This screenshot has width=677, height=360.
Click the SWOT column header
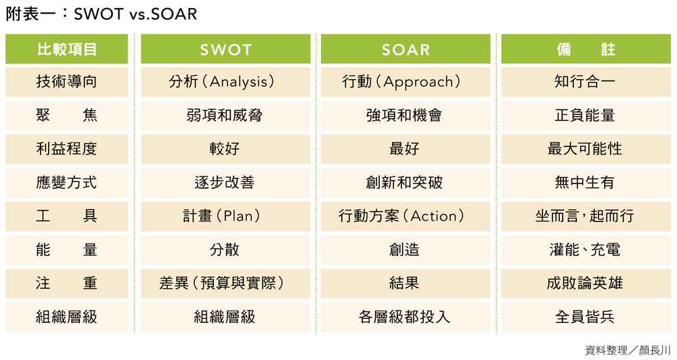[x=225, y=49]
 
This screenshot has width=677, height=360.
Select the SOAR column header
[x=406, y=49]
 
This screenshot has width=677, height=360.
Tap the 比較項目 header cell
[x=66, y=49]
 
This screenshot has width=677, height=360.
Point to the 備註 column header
[x=586, y=49]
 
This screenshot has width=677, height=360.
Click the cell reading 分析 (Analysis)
[x=225, y=82]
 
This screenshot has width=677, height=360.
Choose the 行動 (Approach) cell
[x=406, y=82]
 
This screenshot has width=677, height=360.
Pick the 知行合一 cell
[x=586, y=82]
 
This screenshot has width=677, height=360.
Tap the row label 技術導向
[x=66, y=82]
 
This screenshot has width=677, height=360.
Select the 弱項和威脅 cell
[x=225, y=116]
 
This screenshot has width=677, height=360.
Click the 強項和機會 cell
[x=406, y=116]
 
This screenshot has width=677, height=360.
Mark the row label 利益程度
[x=66, y=150]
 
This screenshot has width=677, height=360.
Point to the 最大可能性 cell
[x=586, y=150]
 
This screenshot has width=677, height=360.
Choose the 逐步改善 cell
[x=225, y=183]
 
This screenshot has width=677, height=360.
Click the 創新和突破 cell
[x=406, y=183]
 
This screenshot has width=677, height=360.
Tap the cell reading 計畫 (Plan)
[x=225, y=217]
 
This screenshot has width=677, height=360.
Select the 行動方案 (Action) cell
[x=406, y=217]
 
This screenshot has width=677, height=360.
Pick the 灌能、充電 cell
[x=586, y=250]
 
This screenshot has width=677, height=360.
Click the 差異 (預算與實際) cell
[x=225, y=284]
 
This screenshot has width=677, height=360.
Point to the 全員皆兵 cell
[x=586, y=317]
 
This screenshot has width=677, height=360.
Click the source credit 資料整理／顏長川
[x=628, y=350]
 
